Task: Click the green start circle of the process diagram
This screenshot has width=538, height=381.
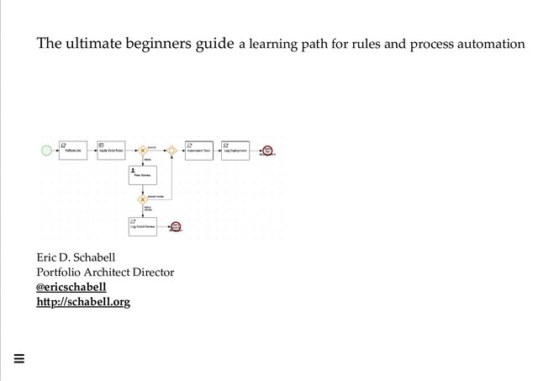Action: [x=45, y=150]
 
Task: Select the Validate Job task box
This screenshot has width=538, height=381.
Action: [x=72, y=150]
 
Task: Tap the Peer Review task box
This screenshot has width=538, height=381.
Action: [x=143, y=175]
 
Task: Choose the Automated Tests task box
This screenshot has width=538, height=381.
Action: [x=198, y=150]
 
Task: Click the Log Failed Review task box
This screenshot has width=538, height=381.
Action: [x=143, y=226]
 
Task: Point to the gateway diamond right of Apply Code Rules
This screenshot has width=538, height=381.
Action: [x=143, y=150]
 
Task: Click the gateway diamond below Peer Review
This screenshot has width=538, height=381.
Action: [x=143, y=200]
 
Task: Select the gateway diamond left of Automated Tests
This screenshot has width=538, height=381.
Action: [x=171, y=150]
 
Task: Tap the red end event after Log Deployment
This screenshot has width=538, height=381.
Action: [x=267, y=150]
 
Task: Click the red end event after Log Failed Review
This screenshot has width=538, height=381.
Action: [x=176, y=226]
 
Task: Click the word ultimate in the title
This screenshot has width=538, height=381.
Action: [x=98, y=43]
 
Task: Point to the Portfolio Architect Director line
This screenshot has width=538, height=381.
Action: [x=105, y=272]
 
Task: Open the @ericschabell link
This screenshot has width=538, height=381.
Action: [x=71, y=287]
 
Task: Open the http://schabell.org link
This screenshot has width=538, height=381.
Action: [x=83, y=301]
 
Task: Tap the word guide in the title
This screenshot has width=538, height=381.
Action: [x=214, y=43]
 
